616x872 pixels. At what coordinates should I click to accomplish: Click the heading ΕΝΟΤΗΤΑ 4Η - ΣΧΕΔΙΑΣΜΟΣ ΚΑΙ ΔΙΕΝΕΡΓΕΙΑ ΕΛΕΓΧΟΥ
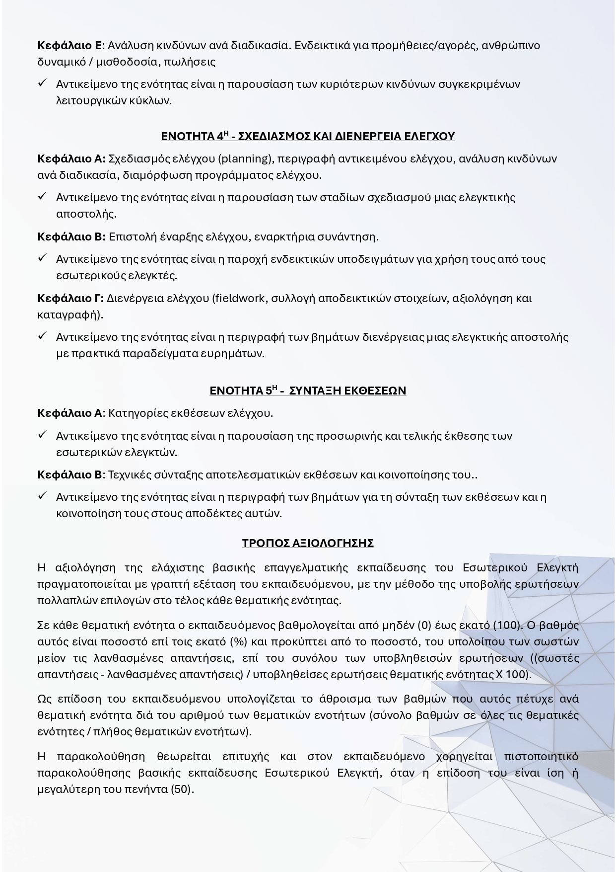308,137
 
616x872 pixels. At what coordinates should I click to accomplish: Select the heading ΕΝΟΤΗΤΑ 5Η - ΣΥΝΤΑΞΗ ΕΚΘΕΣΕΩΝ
308,391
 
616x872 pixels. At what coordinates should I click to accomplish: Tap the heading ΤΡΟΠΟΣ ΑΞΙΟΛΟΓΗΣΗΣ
308,543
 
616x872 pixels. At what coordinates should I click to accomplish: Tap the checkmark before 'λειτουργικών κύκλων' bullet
43,83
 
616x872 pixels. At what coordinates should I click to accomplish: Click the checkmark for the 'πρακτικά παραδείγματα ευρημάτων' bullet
43,337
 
